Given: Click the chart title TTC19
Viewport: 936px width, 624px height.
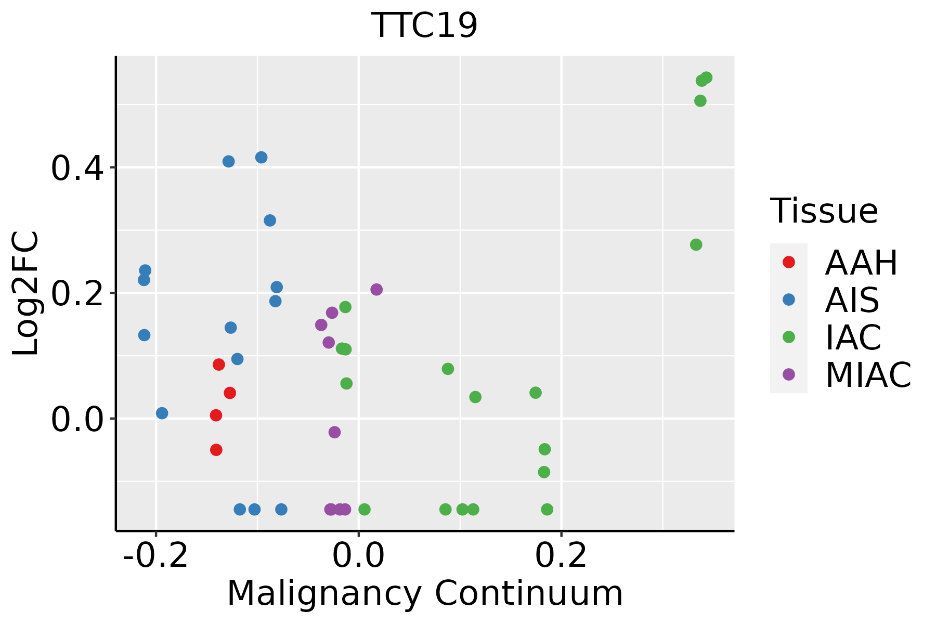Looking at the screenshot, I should coord(424,25).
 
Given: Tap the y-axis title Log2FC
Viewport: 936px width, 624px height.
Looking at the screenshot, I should coord(26,293).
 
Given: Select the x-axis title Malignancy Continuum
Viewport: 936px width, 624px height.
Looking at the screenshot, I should coord(424,593).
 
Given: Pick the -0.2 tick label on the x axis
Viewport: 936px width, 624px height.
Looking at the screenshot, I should coord(155,556).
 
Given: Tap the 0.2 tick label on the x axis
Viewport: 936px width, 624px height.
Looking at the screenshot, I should coord(561,556).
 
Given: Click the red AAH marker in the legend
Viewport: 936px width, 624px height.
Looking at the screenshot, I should coord(788,262).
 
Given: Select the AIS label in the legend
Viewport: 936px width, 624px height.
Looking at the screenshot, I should coord(852,300).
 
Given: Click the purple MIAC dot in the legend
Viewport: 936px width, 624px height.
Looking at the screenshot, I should coord(788,374).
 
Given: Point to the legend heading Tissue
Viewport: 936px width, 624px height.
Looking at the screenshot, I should coord(824,211).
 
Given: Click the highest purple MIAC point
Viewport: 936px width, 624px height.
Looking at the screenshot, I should coord(376,290).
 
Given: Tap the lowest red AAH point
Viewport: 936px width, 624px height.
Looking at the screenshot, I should coord(216,450).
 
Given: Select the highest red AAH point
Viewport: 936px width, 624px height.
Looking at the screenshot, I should coord(219,365).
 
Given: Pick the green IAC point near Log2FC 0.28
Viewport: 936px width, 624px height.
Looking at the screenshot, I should coord(696,245).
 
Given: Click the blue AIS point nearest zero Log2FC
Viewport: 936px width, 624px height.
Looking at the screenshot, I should coord(162,413).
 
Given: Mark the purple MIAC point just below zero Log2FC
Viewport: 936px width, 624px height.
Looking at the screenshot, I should coord(335,432).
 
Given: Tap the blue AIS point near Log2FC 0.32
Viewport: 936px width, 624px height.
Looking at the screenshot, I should coord(270,220).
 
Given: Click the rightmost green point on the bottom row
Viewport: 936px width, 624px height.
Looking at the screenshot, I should coord(547,509).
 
